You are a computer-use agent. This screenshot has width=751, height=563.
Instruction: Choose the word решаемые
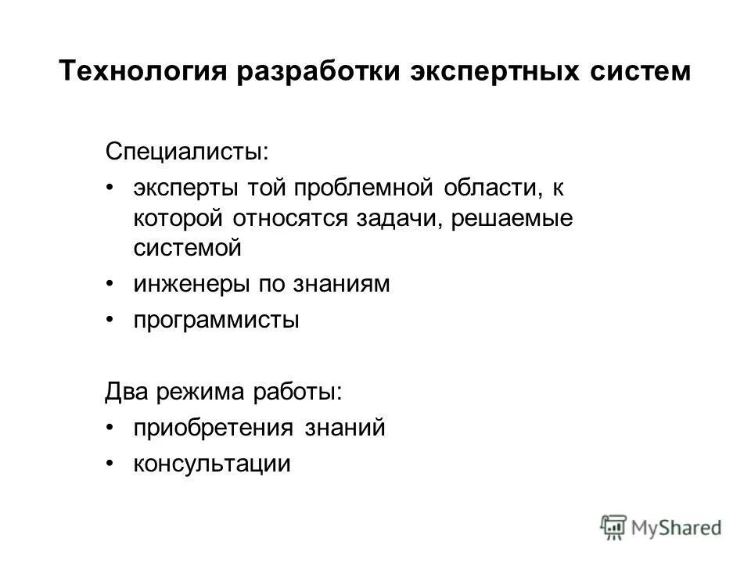point(513,219)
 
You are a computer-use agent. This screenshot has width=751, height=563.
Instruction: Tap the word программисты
point(216,321)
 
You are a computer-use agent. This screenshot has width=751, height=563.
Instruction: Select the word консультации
point(211,464)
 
